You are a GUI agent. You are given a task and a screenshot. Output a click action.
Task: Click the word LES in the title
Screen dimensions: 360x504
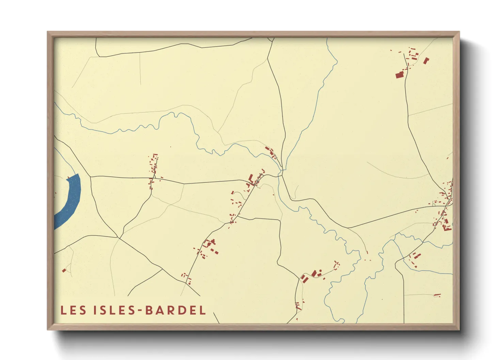[74, 310]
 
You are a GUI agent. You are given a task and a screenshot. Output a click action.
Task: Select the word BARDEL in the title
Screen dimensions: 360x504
[176, 310]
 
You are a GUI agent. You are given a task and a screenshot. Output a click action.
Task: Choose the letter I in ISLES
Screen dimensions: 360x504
[95, 310]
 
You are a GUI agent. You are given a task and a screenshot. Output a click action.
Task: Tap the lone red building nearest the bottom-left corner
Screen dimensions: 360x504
[64, 271]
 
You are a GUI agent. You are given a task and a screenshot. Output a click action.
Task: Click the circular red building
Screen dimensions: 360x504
[320, 271]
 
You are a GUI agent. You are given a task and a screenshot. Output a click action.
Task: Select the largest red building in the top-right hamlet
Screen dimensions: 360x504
[399, 75]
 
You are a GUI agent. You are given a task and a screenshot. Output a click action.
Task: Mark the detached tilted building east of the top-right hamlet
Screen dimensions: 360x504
[426, 61]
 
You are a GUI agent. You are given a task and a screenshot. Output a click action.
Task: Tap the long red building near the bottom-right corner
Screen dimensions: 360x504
[437, 295]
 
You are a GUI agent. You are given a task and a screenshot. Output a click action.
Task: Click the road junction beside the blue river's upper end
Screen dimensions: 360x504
[90, 177]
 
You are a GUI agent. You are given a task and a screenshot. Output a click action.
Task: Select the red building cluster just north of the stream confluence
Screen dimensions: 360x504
[271, 152]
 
